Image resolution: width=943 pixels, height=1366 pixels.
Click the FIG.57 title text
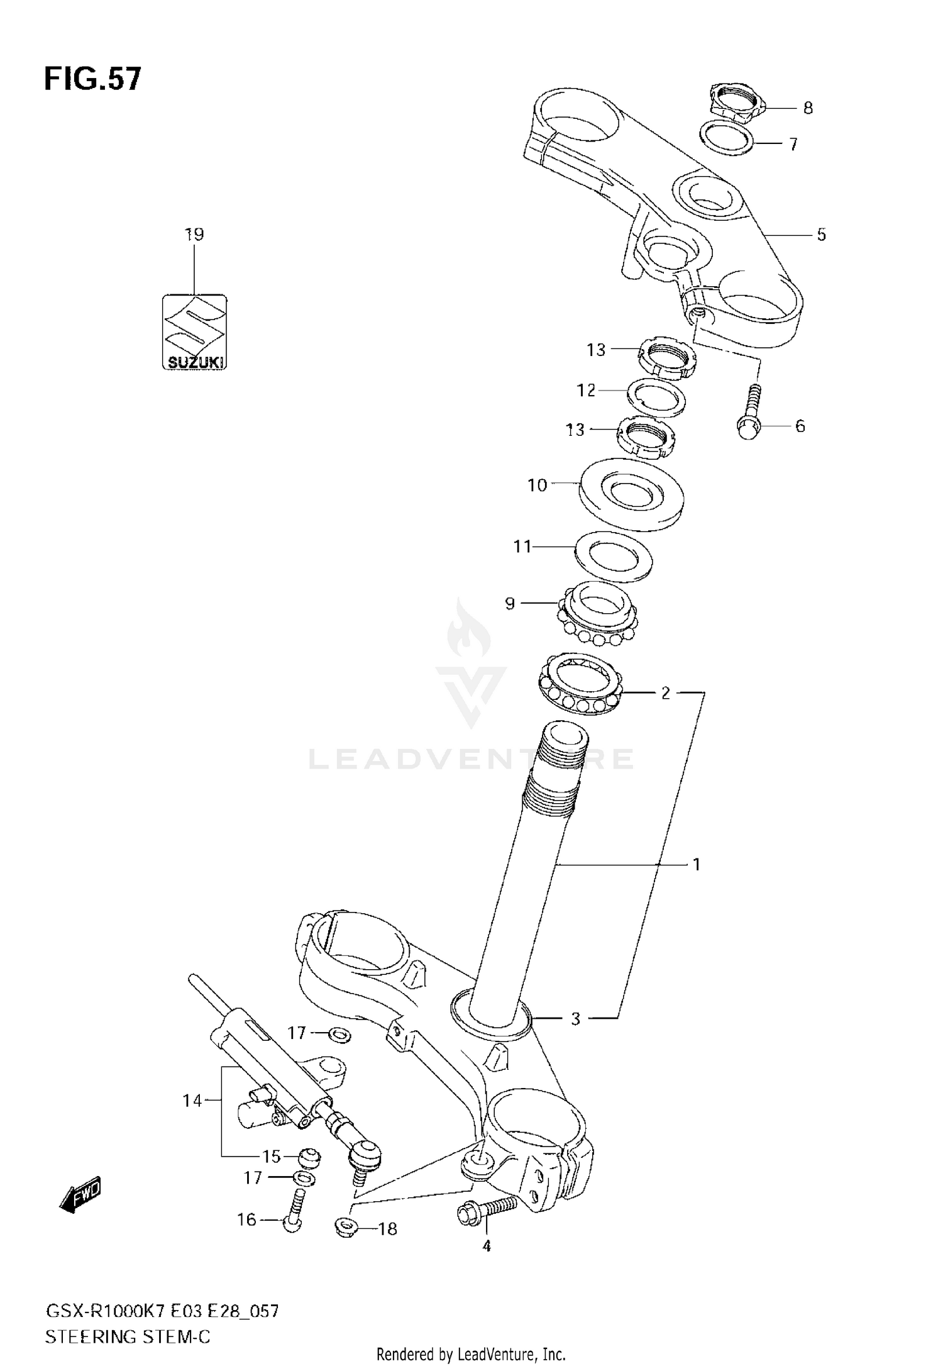[x=93, y=80]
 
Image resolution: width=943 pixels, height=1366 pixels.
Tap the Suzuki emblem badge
[x=194, y=331]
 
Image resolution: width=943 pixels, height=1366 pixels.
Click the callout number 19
[x=194, y=235]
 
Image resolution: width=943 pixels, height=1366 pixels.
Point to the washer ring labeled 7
[x=727, y=138]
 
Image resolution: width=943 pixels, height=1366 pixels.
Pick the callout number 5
[x=821, y=235]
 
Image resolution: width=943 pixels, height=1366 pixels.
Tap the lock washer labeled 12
[x=657, y=397]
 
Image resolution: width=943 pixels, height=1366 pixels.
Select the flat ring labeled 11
[x=614, y=556]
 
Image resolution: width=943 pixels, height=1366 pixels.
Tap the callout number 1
[x=696, y=865]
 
